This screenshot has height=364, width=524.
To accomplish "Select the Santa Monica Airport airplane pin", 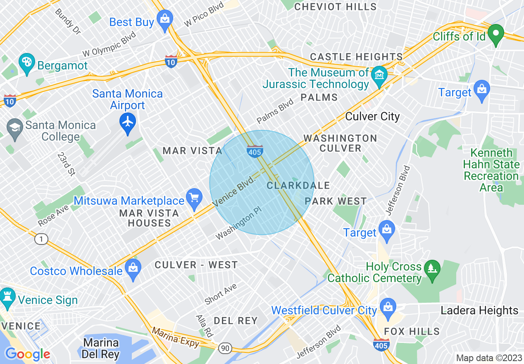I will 128,122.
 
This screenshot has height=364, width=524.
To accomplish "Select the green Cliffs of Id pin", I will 495,34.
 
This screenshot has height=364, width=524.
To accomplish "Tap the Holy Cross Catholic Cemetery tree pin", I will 432,271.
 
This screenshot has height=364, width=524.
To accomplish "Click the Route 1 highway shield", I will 41,239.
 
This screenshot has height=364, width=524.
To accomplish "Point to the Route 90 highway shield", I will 225,349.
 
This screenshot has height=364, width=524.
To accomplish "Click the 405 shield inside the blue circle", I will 255,152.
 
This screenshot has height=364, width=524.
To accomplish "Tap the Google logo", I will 27,354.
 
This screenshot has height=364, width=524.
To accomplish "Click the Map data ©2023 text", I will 488,358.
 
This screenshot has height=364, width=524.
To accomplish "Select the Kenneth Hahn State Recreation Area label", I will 491,170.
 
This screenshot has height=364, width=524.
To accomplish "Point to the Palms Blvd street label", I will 275,111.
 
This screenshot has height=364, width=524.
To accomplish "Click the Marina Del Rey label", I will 100,348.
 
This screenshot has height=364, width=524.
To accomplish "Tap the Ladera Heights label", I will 479,310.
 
